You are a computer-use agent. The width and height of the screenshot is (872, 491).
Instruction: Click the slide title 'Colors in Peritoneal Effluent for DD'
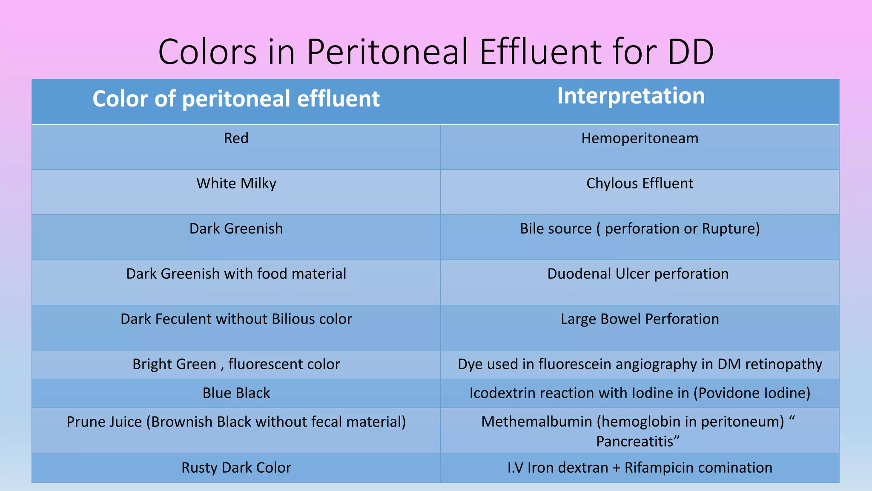(x=436, y=52)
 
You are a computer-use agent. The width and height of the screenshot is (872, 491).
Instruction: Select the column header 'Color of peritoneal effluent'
(x=236, y=99)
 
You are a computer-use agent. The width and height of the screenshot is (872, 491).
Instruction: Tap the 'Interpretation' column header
(x=631, y=96)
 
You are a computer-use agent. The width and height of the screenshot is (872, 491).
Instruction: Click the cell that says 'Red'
(x=236, y=139)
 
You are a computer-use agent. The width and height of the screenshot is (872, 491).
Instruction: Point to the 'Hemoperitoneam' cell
(x=640, y=139)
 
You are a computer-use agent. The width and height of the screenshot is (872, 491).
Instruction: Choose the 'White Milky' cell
(x=236, y=184)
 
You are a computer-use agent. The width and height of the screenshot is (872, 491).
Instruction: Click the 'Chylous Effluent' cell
(x=640, y=184)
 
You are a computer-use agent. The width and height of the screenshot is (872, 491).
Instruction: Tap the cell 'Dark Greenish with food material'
(x=236, y=274)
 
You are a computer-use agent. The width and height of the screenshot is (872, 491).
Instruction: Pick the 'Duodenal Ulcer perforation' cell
(x=638, y=274)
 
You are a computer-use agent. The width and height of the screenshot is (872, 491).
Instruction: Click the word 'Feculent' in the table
(x=184, y=319)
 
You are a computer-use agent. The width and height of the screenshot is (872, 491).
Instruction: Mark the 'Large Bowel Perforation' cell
(x=640, y=319)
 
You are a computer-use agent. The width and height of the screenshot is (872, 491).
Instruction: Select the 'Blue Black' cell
(x=236, y=393)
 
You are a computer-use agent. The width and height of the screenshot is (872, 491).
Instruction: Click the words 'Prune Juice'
(x=104, y=422)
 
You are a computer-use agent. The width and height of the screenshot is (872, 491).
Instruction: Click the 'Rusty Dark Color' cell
(x=236, y=468)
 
